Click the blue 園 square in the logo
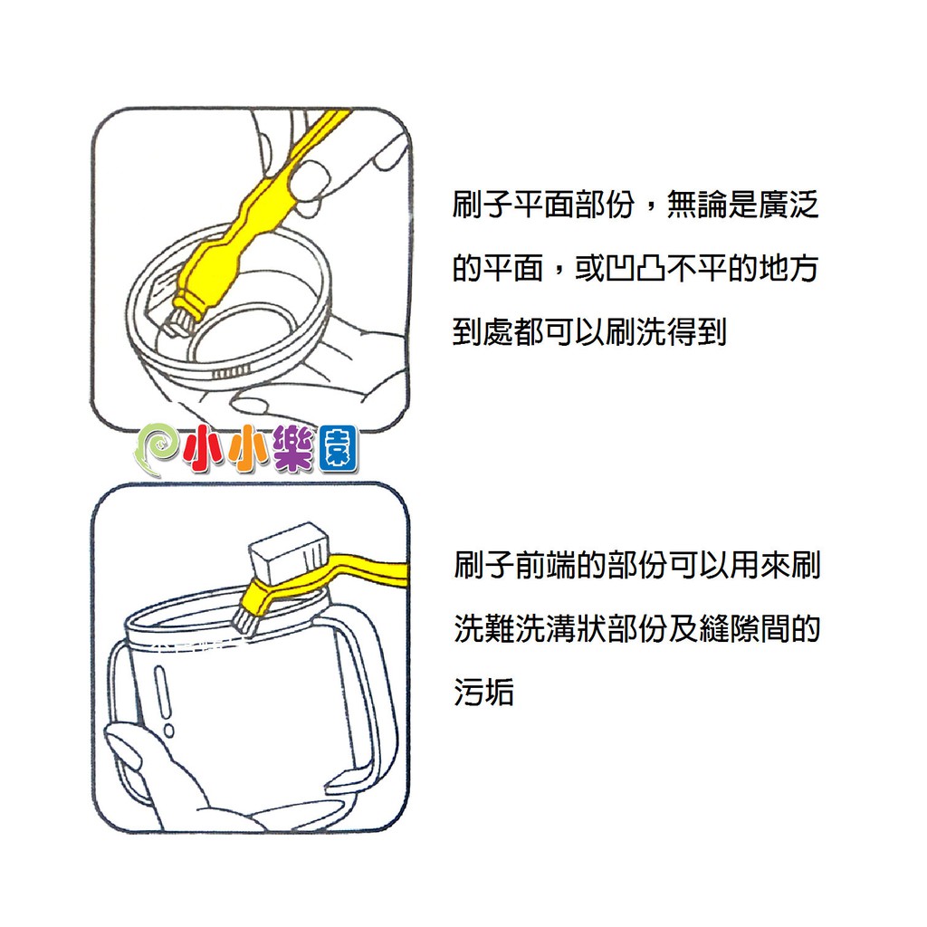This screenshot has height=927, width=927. (x=338, y=449)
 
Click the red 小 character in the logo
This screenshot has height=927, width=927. (x=204, y=448)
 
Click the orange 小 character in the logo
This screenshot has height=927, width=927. (x=248, y=448)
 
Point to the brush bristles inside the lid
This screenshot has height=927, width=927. (x=178, y=322)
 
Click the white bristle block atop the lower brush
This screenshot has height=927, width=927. (x=288, y=551)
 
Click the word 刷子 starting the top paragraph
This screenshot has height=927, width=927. (x=483, y=205)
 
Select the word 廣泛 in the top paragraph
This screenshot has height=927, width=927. (x=789, y=205)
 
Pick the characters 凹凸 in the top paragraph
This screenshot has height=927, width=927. (x=636, y=268)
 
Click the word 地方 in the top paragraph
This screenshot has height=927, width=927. (x=789, y=268)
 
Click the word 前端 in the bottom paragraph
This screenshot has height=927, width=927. (x=544, y=565)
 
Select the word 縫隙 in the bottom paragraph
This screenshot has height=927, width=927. (x=729, y=628)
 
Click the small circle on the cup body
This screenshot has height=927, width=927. (x=169, y=731)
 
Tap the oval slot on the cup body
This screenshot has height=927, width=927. (x=162, y=690)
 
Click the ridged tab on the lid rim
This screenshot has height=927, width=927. (x=231, y=372)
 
